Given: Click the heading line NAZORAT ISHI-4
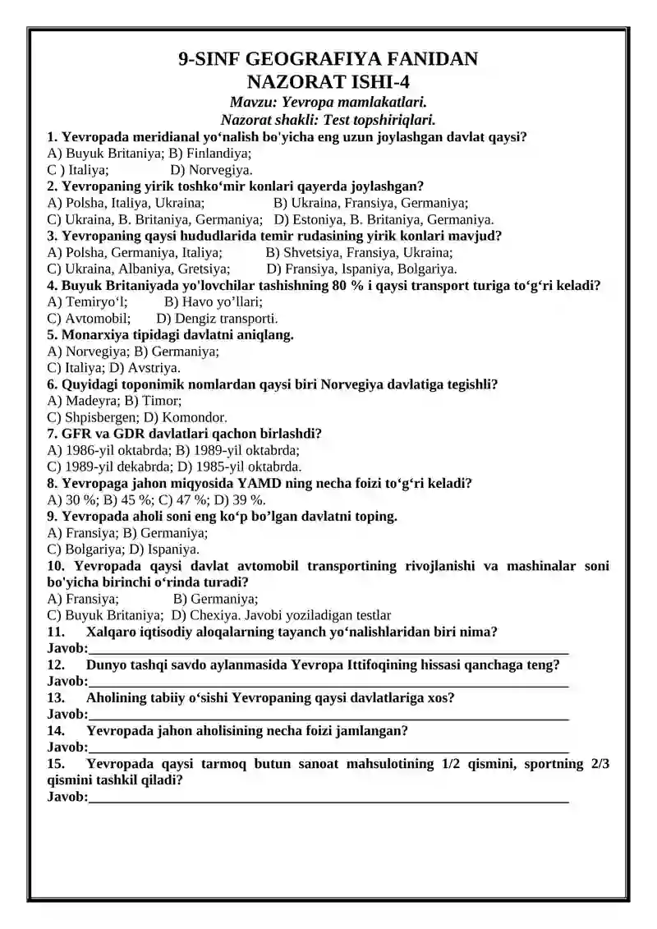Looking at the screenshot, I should pos(328,81).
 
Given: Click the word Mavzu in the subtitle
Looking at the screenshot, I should pos(251,103).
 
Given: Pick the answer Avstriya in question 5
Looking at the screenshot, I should pos(153,368).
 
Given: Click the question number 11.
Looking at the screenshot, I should pos(56,632).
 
